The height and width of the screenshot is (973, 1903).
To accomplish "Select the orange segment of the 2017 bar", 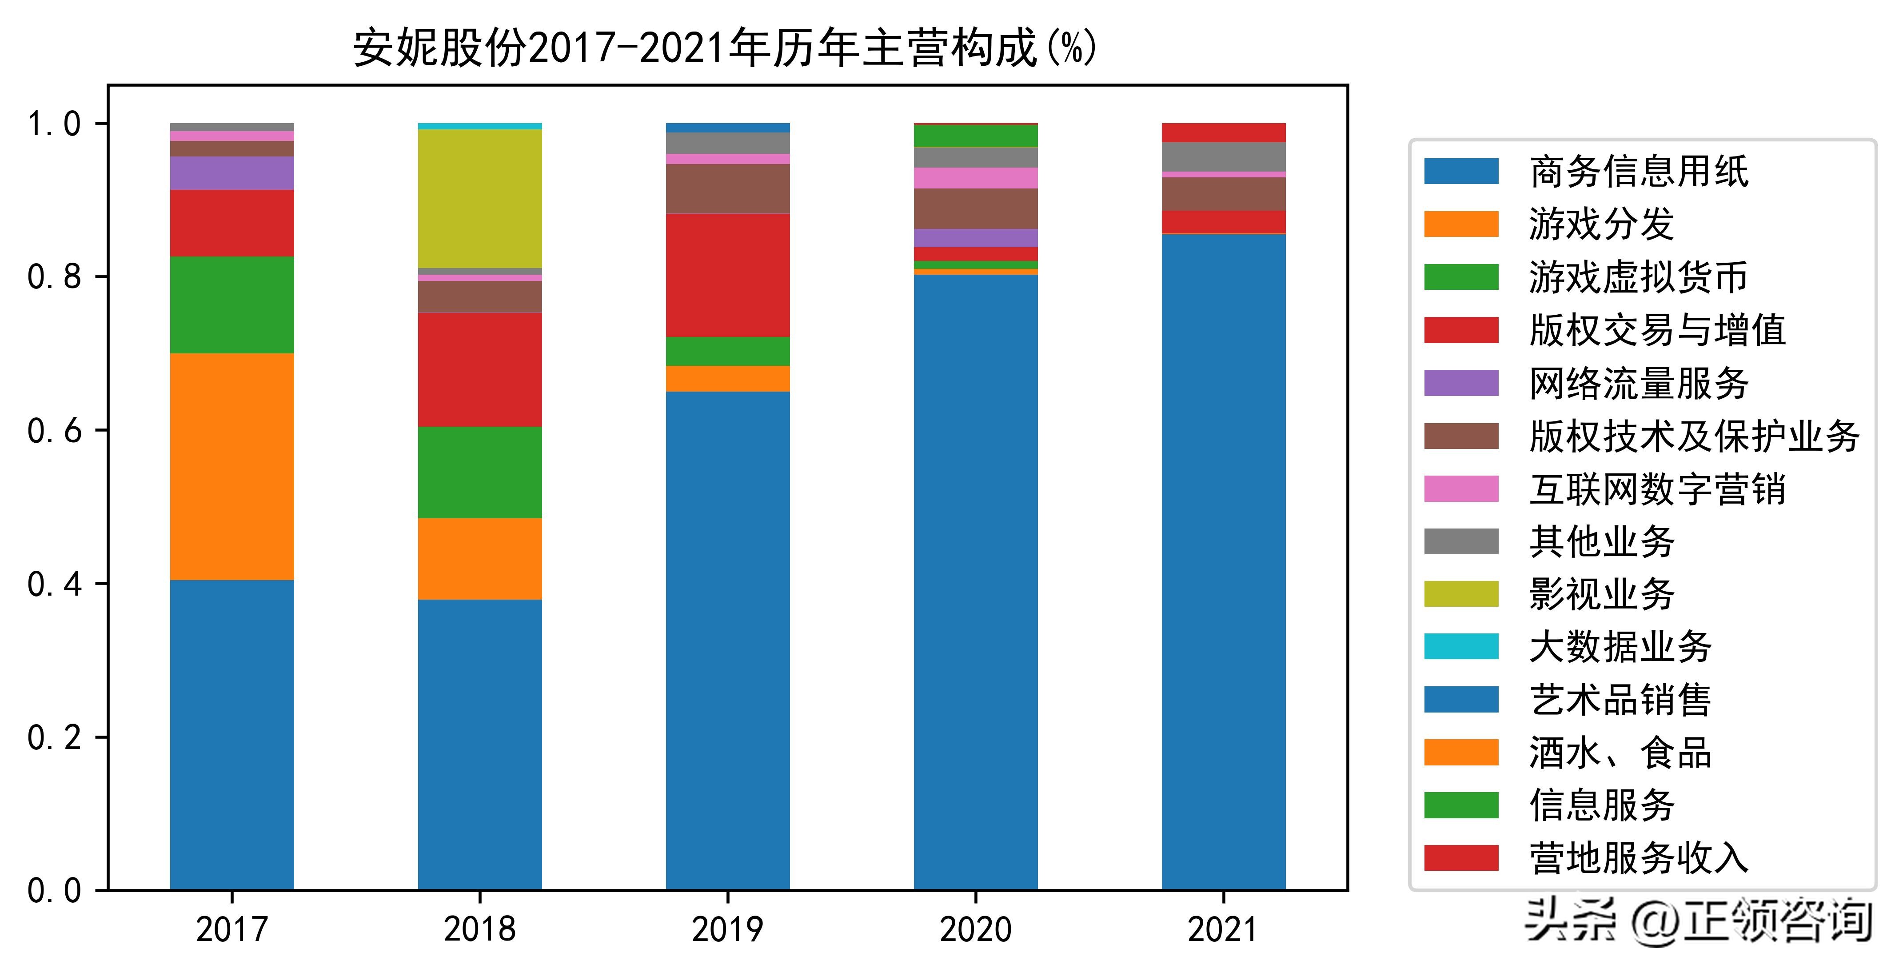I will click(x=232, y=466).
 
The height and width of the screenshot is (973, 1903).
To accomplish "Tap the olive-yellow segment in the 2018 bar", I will click(x=479, y=198).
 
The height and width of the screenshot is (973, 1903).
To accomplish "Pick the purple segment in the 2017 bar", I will click(x=232, y=173).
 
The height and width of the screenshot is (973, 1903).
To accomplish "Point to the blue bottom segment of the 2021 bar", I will click(x=1223, y=561).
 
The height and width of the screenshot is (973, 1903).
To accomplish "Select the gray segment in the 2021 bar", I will click(x=1223, y=156).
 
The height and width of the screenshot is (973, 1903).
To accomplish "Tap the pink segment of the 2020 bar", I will click(x=975, y=178).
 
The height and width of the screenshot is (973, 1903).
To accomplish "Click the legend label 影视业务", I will click(x=1602, y=594).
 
